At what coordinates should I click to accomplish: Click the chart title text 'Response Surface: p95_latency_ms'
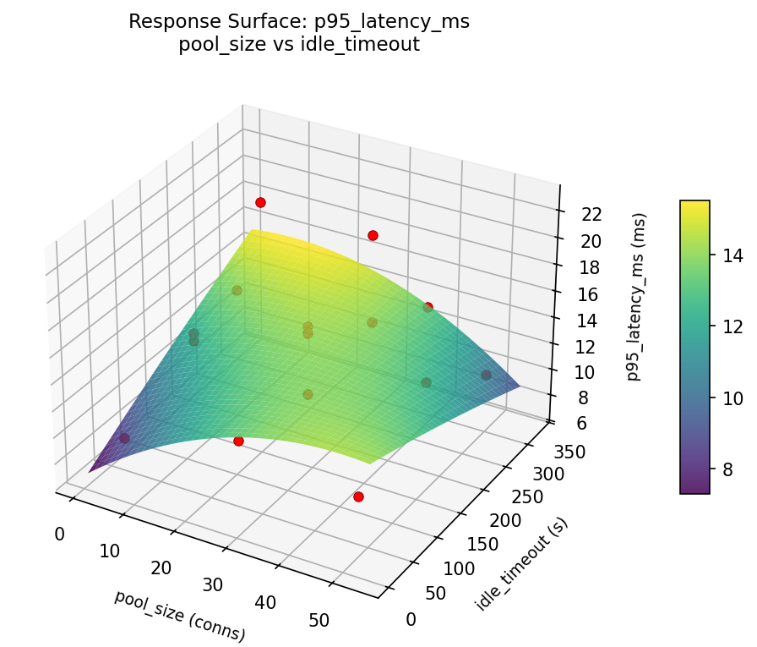click(x=299, y=22)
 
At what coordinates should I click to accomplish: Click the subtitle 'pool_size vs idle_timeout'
click(x=299, y=45)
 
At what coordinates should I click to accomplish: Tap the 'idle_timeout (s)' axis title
click(x=521, y=564)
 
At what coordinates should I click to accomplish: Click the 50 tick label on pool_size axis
click(x=319, y=620)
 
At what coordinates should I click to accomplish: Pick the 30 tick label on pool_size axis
click(x=213, y=584)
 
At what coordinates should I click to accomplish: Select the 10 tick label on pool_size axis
click(x=110, y=551)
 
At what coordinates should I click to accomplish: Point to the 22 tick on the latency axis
click(x=591, y=214)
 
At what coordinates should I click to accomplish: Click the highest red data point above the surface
click(x=260, y=202)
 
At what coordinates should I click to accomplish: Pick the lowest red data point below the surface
click(x=358, y=496)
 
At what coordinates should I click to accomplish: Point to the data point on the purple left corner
click(x=124, y=438)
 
